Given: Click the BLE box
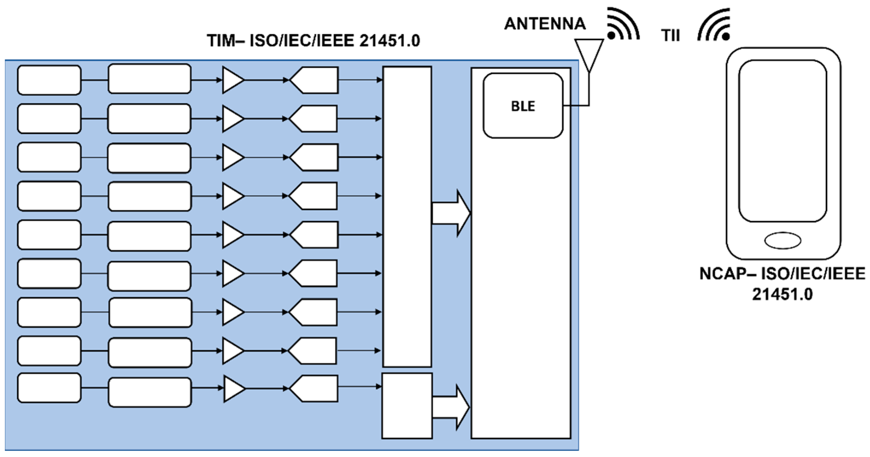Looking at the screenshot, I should (x=523, y=106).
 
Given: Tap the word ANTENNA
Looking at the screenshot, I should (x=545, y=24).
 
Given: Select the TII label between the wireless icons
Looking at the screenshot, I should (x=671, y=36).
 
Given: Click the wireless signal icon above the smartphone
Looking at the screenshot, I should (x=715, y=25).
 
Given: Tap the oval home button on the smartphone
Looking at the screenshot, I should (x=783, y=241).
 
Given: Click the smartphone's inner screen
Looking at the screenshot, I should (x=783, y=141).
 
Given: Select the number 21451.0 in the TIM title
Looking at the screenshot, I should (x=389, y=41).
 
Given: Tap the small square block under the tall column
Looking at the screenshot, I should (x=407, y=406).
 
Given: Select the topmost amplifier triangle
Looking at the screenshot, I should (x=232, y=80).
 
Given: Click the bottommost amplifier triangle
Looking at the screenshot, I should (x=233, y=388).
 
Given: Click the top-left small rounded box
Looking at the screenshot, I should (x=49, y=80).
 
